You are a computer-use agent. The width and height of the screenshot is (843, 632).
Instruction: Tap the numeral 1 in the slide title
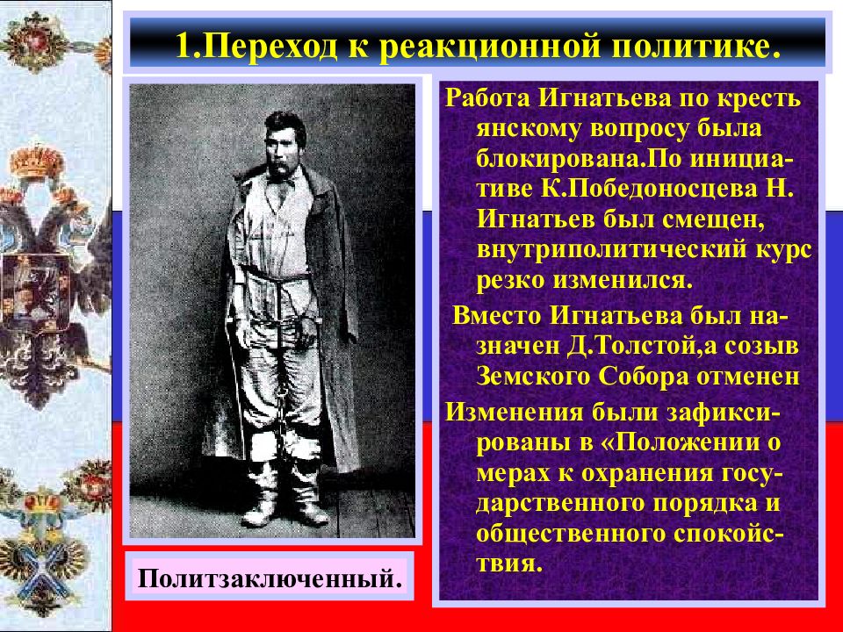(184, 45)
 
